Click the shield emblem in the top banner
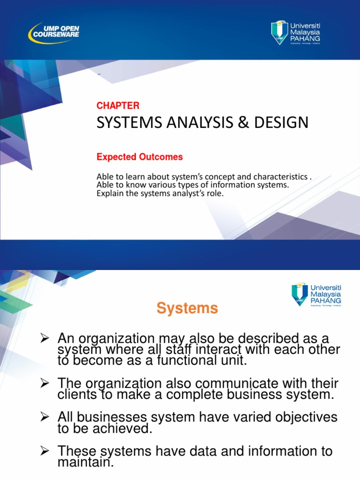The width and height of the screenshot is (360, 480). click(x=280, y=32)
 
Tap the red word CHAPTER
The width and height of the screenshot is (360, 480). click(x=118, y=106)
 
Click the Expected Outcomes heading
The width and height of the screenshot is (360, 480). click(x=140, y=157)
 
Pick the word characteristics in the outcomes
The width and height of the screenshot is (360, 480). click(x=280, y=177)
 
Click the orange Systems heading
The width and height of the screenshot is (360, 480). click(x=187, y=308)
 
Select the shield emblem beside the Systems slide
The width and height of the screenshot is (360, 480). click(x=300, y=293)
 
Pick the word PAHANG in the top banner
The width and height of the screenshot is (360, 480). click(x=305, y=38)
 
